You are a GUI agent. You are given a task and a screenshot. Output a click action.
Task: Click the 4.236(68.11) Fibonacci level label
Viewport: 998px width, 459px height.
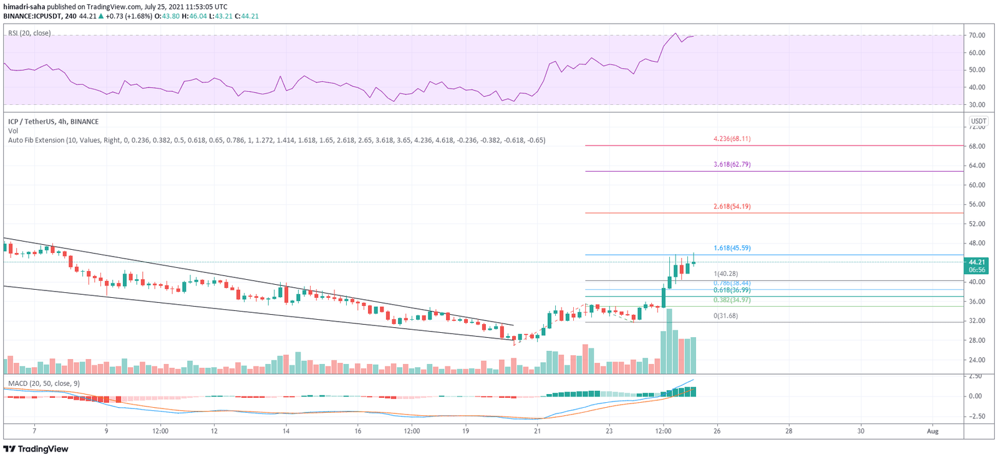pos(732,139)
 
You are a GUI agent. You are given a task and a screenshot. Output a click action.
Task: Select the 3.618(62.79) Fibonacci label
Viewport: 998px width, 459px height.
pos(732,164)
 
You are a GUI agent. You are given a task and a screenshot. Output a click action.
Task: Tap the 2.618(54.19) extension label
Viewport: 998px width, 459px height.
pos(732,206)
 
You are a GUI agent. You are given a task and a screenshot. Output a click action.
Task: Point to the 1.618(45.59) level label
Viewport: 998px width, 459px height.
pos(732,248)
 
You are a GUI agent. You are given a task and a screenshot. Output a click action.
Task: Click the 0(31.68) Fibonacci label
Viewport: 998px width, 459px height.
pos(725,315)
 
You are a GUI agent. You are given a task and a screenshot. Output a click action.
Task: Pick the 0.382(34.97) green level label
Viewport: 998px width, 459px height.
pos(732,300)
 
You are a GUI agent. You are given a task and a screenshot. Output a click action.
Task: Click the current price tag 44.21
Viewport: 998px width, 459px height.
pos(976,262)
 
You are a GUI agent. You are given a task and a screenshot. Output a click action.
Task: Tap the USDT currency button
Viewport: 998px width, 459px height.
pos(978,121)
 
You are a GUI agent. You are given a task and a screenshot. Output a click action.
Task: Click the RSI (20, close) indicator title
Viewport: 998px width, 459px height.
pos(29,33)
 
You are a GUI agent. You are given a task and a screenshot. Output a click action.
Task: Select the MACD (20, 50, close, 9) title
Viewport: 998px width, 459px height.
pos(44,383)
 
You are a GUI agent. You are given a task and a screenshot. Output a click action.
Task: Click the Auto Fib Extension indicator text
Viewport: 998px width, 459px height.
pos(276,141)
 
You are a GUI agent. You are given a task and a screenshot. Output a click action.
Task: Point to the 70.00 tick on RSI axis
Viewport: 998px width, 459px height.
pos(977,36)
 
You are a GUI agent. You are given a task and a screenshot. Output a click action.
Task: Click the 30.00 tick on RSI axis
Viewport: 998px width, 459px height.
pos(977,105)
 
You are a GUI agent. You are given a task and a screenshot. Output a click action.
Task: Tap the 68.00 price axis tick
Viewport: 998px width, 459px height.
pos(977,146)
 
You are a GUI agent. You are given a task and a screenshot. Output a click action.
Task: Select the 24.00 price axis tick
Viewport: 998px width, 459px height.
pos(977,360)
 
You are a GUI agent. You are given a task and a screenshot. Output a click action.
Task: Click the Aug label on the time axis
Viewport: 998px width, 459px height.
pos(933,431)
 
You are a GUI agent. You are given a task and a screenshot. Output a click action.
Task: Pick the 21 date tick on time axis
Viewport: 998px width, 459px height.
pos(537,431)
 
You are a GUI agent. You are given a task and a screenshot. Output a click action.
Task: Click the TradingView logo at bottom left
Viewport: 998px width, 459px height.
pos(36,449)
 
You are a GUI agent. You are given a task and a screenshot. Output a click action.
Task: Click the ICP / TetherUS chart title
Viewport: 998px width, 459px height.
pos(53,122)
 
